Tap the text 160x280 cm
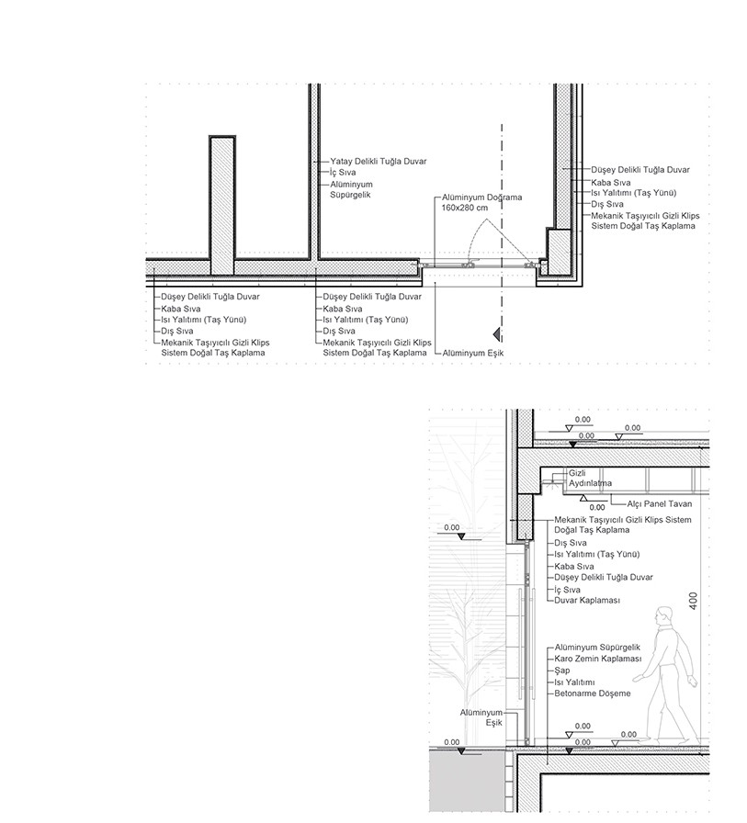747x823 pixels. point(464,209)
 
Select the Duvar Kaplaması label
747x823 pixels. point(587,600)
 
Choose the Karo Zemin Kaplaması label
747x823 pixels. point(597,660)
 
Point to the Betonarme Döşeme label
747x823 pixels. point(593,693)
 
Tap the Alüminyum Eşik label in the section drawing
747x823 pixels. point(482,717)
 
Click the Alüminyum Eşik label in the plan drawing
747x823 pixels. point(473,352)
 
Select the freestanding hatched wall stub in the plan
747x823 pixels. point(223,204)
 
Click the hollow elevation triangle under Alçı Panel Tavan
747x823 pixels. point(583,498)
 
